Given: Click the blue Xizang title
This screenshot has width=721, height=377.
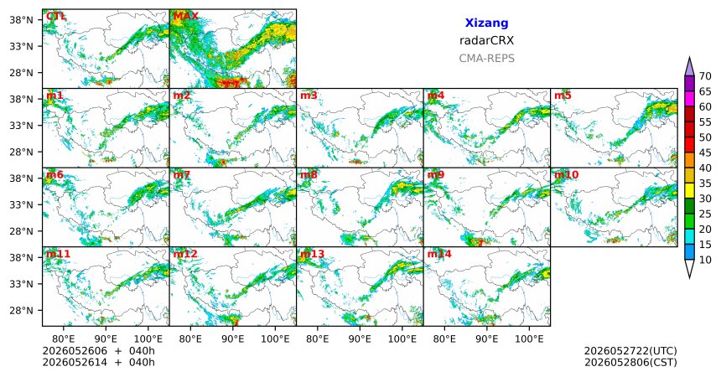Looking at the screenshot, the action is (486, 23).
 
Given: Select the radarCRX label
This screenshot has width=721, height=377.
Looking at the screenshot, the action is (486, 40).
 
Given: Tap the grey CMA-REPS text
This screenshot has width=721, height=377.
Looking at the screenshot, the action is (486, 59).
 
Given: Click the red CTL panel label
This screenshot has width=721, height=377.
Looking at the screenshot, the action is (56, 17).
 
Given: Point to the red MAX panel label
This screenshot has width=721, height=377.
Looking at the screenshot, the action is (186, 17).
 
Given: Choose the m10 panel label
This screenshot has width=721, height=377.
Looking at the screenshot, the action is (567, 175).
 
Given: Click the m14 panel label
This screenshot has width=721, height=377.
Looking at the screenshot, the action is (439, 254).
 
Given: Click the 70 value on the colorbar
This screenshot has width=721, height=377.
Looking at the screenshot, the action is (705, 76).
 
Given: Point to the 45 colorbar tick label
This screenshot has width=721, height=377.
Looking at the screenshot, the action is (705, 152).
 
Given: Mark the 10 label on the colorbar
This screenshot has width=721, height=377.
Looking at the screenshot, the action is (705, 260).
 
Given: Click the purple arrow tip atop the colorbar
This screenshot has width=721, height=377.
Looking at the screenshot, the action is (689, 58).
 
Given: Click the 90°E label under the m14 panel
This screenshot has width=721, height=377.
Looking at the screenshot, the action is (487, 339).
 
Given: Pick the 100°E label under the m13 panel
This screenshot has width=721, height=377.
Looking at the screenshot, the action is (402, 339).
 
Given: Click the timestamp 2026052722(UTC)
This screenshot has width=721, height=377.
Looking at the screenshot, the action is (630, 351).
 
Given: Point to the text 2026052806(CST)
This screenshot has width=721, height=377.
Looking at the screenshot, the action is (630, 362).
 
